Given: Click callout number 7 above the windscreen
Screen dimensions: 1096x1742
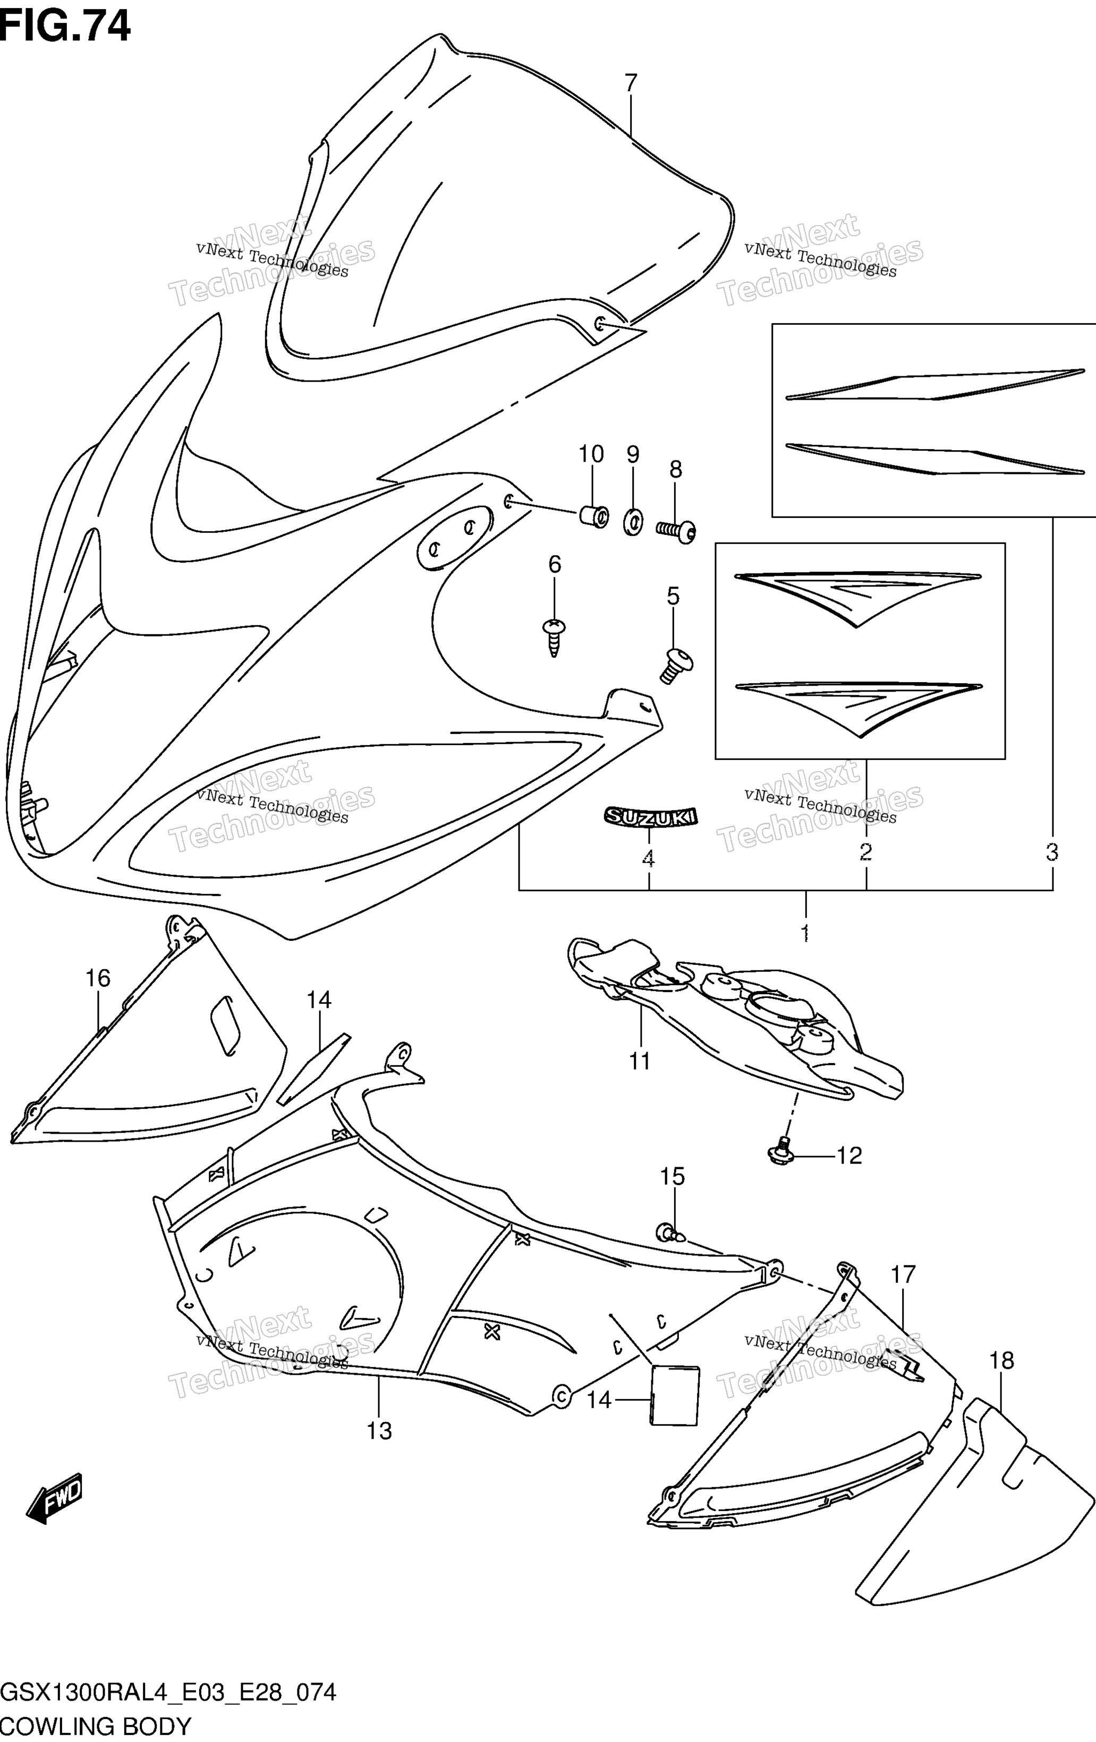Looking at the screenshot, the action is [x=631, y=83].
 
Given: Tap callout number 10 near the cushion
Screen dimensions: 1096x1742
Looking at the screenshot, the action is [x=591, y=454].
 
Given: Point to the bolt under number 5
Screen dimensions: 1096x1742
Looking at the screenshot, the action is [x=675, y=666].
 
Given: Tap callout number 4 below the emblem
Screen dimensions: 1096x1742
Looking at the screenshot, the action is [x=649, y=859].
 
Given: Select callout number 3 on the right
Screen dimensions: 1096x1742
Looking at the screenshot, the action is [x=1052, y=852].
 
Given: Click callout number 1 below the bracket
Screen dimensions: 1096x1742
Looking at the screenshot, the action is [x=805, y=933].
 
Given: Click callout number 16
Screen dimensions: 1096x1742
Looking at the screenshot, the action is [x=98, y=978].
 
